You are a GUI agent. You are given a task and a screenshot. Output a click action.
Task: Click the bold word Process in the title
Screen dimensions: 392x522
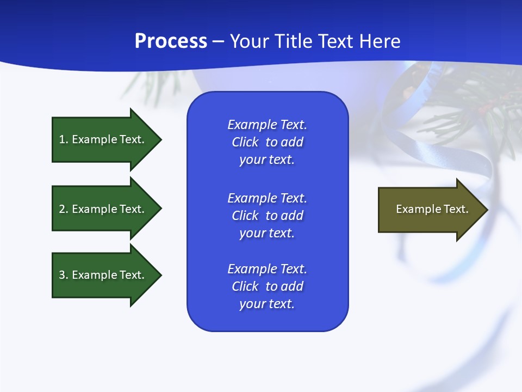(171, 41)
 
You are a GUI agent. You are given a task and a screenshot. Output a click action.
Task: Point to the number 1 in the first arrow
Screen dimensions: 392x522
(62, 139)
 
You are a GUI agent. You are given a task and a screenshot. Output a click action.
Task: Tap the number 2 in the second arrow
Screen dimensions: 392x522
(62, 209)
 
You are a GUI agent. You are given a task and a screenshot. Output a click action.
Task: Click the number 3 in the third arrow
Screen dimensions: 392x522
(62, 275)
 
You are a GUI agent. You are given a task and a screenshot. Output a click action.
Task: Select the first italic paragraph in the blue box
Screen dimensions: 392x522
(267, 142)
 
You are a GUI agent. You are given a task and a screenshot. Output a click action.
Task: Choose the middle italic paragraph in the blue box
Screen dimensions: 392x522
(267, 216)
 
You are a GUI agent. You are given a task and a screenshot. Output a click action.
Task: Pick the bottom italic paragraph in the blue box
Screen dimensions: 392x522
(267, 286)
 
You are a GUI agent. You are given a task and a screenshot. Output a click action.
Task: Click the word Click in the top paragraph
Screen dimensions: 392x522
(245, 142)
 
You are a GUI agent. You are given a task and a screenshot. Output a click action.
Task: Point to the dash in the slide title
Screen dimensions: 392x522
(218, 41)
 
